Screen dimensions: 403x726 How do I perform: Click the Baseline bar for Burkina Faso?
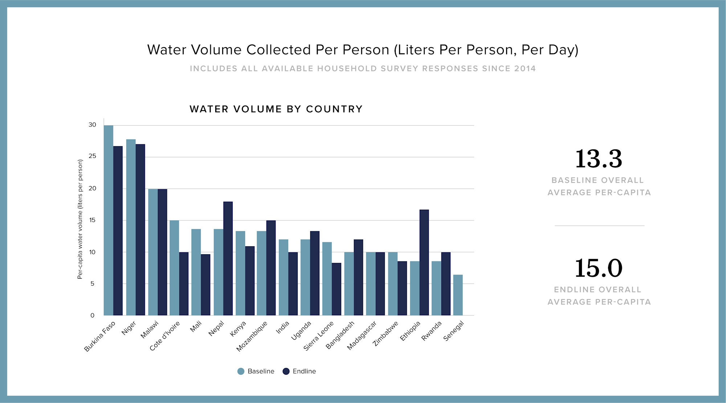108,220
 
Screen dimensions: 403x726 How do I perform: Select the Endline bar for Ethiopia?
424,262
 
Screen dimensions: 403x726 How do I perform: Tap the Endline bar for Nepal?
228,258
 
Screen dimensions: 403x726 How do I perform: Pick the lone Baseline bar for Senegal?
458,295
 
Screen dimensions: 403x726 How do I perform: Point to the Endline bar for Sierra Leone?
337,289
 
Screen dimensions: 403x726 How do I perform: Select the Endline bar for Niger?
140,230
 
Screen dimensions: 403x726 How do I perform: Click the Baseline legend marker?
241,371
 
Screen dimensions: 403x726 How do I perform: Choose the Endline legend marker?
286,371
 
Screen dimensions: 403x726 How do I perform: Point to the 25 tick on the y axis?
92,156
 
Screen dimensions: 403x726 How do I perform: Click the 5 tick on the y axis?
92,284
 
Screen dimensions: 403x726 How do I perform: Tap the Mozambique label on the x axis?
252,336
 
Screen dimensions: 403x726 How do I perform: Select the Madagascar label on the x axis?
362,336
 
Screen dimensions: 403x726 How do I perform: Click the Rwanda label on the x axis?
431,331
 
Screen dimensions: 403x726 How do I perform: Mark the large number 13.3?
599,159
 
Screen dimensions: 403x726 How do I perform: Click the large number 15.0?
599,268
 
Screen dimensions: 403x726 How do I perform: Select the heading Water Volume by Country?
276,109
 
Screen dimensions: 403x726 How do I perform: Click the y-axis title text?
80,219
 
